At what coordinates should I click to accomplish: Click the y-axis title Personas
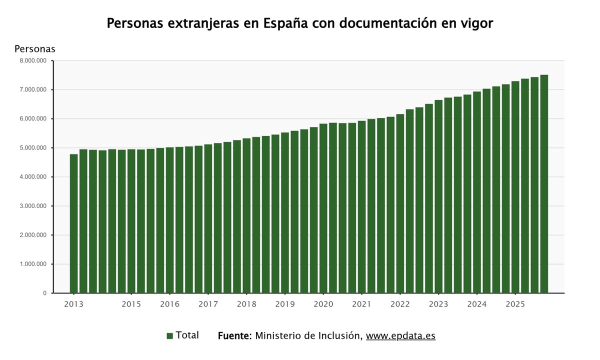coord(35,49)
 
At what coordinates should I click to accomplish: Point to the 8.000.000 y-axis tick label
coord(32,60)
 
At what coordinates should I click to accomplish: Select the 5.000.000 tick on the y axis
coord(32,148)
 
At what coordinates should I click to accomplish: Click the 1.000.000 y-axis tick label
coord(32,264)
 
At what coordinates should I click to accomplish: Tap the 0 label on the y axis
coord(44,293)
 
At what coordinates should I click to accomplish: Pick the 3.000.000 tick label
coord(32,206)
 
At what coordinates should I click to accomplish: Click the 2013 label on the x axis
coord(73,304)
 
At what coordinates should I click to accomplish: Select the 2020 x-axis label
coord(323,304)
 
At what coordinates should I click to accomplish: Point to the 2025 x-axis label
coord(515,304)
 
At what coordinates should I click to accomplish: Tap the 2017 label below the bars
coord(208,304)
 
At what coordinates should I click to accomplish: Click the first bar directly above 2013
coord(73,225)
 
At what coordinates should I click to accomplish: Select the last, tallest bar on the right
coord(544,185)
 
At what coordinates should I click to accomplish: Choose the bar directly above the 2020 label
coord(323,210)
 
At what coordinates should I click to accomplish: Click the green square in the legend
coord(170,336)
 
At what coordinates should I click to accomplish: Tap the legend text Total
coord(187,335)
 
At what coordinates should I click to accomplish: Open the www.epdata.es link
coord(400,336)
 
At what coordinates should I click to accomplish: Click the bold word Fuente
coord(234,336)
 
